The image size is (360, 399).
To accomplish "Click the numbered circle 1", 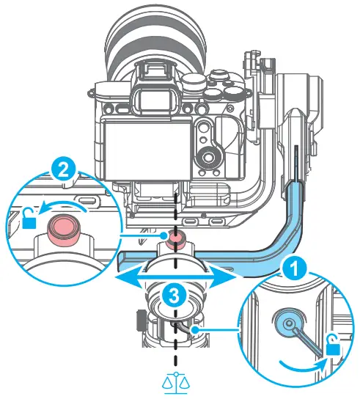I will click(293, 268).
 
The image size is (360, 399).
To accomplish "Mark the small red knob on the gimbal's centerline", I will click(175, 238).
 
